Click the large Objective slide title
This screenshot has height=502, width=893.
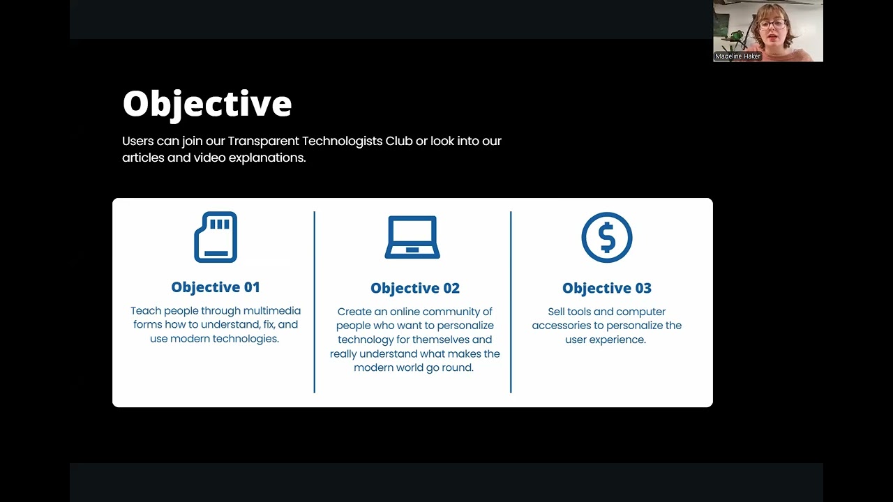(x=207, y=104)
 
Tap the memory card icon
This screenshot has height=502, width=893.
(x=216, y=238)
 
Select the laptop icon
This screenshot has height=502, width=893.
(x=412, y=238)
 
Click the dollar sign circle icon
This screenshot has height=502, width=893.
(x=607, y=238)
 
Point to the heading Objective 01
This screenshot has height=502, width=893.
(x=216, y=287)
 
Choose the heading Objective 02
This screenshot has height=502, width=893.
(x=415, y=289)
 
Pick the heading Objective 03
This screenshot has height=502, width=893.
(x=607, y=289)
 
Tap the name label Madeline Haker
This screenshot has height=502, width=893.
(x=737, y=56)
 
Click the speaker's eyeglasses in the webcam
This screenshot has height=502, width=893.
(x=772, y=25)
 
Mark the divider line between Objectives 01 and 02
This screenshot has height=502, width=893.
(x=315, y=302)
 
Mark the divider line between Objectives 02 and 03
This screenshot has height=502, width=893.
(x=511, y=302)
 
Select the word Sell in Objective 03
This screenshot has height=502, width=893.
(x=556, y=312)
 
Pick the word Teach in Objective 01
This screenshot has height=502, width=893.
(x=145, y=311)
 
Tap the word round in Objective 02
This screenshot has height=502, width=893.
(x=458, y=367)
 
